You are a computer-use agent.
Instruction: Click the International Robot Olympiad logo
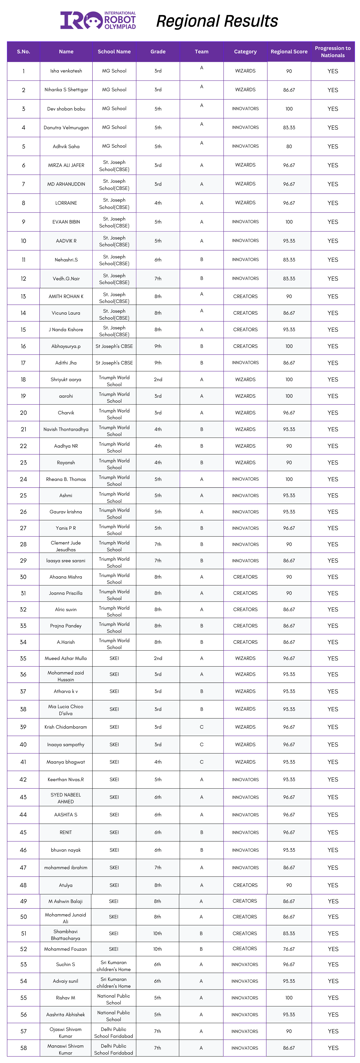(x=98, y=20)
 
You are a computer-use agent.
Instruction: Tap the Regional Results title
(x=217, y=21)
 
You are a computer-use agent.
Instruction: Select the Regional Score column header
(x=289, y=52)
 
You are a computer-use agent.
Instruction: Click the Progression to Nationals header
(x=333, y=52)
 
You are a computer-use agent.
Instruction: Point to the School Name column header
(x=114, y=52)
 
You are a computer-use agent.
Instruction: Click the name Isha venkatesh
(x=66, y=71)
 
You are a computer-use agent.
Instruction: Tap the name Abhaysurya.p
(x=66, y=346)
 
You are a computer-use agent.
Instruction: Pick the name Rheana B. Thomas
(x=66, y=479)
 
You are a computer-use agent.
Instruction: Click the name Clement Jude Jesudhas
(x=66, y=546)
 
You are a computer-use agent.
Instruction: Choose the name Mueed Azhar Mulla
(x=66, y=658)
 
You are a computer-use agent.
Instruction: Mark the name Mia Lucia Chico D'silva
(x=66, y=710)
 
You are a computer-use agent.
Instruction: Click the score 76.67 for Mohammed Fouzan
(x=289, y=949)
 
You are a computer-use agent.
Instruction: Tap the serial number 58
(x=24, y=1048)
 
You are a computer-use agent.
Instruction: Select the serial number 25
(x=24, y=495)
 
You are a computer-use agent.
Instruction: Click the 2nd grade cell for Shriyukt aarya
(x=158, y=379)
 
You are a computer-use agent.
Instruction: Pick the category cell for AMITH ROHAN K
(x=245, y=296)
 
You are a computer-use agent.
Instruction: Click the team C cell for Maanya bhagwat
(x=202, y=762)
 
